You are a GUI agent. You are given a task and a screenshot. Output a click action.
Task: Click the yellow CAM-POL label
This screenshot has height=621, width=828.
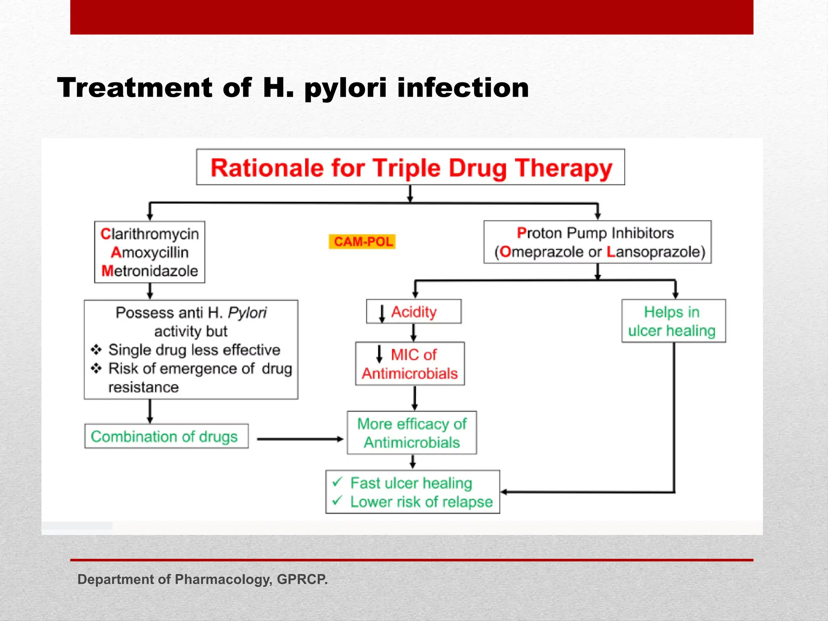tap(362, 242)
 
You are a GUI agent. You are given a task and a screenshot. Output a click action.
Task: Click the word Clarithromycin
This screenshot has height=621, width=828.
tap(150, 234)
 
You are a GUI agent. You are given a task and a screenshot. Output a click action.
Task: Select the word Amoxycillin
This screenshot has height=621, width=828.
tap(150, 252)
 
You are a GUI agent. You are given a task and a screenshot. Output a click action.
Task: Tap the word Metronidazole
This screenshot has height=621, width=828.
tap(150, 271)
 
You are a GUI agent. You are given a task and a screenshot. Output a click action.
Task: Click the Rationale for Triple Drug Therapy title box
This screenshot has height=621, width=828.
tap(410, 167)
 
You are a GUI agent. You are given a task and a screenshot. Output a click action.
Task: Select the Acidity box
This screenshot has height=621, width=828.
tap(414, 312)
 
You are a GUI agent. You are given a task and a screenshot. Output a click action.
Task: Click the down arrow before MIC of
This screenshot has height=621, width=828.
tap(379, 354)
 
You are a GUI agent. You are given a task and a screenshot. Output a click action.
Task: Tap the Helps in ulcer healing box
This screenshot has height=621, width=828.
tap(673, 321)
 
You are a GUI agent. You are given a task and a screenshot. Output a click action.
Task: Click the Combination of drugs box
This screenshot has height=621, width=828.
tap(166, 437)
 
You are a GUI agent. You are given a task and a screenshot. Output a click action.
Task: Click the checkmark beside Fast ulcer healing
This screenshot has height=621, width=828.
tap(338, 482)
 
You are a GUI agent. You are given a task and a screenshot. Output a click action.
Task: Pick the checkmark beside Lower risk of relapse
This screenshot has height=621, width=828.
tap(338, 501)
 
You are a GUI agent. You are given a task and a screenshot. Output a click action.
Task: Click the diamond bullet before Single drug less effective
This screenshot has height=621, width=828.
tap(96, 349)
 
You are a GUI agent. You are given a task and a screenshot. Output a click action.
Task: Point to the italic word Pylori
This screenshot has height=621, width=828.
tap(247, 313)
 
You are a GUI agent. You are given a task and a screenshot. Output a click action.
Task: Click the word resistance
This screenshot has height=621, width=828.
tap(143, 387)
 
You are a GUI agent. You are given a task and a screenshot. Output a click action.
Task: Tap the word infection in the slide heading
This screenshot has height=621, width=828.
tap(463, 88)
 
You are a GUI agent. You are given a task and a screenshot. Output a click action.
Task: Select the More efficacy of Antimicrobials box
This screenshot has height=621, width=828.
tap(412, 433)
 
